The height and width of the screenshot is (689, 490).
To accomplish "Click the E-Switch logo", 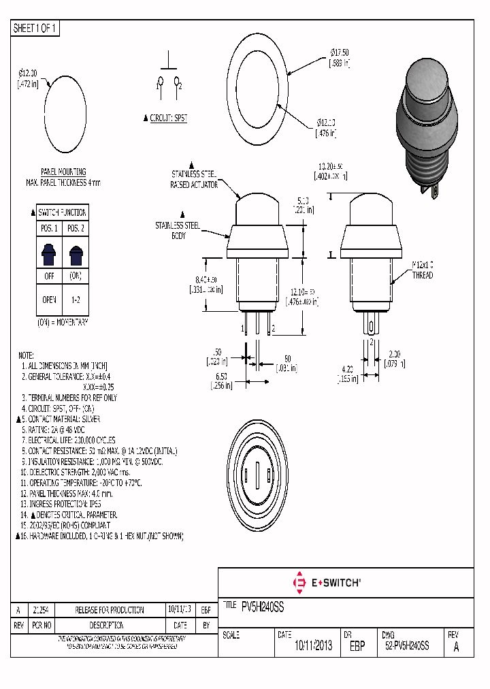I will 326,583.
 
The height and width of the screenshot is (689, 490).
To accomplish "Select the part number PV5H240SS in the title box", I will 263,605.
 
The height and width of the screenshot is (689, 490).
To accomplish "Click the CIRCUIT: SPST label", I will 168,118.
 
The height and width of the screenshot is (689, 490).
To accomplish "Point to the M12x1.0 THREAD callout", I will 422,270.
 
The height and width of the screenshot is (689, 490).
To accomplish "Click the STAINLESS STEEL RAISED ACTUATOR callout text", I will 195,179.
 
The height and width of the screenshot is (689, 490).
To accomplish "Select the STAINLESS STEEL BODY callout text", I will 178,229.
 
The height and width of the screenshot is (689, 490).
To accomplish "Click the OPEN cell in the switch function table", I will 48,298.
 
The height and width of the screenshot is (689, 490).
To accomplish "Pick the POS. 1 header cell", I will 48,228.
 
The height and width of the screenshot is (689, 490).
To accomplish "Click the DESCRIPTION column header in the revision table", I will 106,625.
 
